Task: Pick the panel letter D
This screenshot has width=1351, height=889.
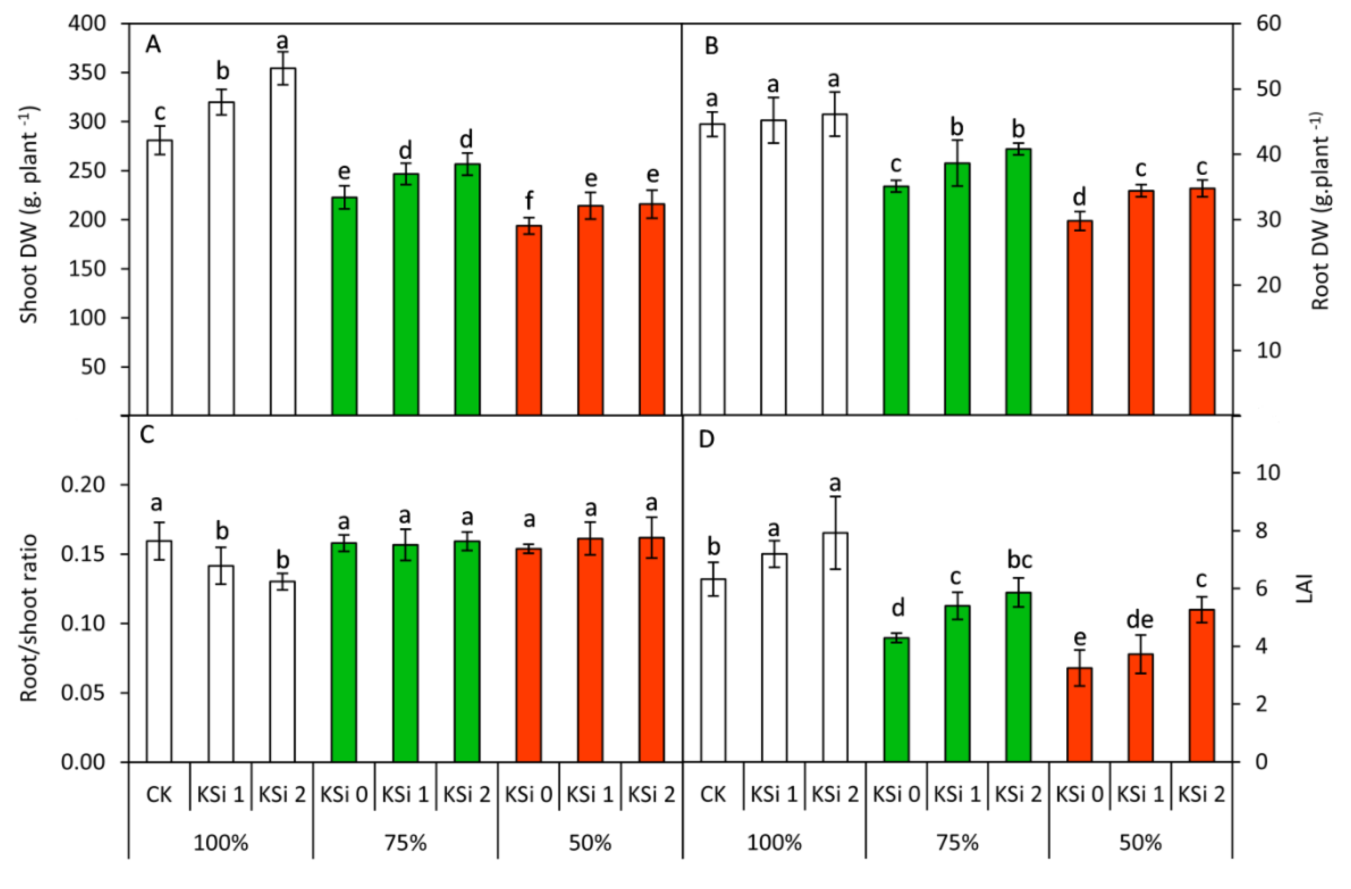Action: pyautogui.click(x=707, y=440)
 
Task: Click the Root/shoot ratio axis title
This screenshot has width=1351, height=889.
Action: pyautogui.click(x=29, y=618)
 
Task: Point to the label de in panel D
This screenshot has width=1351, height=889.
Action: pyautogui.click(x=1140, y=620)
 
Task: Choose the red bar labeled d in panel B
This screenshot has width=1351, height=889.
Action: pyautogui.click(x=1079, y=318)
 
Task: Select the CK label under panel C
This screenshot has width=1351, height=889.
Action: pyautogui.click(x=158, y=794)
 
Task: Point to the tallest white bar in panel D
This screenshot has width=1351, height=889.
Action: pyautogui.click(x=835, y=647)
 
